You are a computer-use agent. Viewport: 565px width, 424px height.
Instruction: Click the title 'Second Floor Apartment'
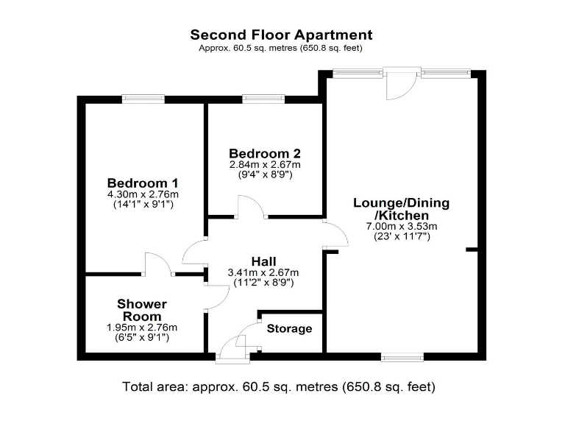281,35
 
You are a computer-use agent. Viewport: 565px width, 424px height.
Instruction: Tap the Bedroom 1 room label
143,183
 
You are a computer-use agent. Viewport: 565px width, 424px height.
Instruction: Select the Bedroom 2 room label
265,154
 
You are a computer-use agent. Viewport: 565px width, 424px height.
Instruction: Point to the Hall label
264,261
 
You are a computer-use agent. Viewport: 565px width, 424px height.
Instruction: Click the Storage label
289,328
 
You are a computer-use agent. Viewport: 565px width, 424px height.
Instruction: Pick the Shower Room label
142,310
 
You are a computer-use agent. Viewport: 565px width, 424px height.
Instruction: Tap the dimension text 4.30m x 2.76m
143,194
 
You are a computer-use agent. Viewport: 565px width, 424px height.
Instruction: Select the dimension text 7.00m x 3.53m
402,226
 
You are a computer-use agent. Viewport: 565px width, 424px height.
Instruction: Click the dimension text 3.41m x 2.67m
264,272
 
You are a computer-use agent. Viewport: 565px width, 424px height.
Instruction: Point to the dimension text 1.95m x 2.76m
142,328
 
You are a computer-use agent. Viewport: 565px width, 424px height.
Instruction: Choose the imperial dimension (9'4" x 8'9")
265,175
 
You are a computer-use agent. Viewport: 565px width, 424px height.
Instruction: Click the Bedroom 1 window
143,98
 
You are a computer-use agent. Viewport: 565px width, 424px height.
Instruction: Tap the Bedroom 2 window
263,98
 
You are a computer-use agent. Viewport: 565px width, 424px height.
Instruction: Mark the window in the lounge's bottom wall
402,357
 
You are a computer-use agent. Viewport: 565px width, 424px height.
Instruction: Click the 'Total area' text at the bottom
279,386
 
